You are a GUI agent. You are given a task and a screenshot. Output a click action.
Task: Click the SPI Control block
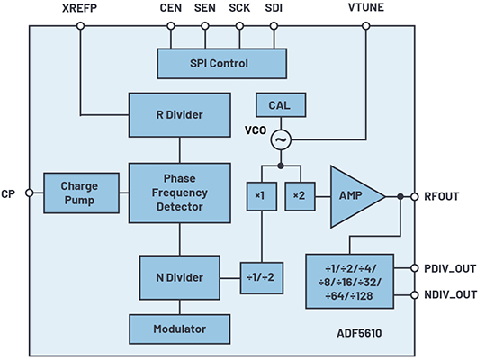tap(221, 63)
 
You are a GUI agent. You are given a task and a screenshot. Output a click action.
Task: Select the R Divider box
tap(180, 114)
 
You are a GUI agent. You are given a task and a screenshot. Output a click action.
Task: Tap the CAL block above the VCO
tap(281, 105)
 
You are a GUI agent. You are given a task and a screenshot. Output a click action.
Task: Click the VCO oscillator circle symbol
tap(281, 140)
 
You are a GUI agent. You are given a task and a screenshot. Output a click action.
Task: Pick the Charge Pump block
tap(81, 193)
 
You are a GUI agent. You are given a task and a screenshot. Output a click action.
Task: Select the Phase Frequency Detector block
tap(180, 193)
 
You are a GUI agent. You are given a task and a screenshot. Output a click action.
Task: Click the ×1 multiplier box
tap(262, 196)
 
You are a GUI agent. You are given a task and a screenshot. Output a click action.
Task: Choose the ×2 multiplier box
tap(300, 196)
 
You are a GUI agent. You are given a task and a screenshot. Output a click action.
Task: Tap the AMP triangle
tap(353, 197)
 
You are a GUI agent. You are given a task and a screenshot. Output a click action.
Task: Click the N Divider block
tap(180, 277)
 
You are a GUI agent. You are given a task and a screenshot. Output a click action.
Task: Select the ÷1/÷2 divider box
tap(262, 278)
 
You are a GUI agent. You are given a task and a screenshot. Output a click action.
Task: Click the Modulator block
tap(180, 329)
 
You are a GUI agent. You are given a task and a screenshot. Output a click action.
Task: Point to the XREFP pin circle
tap(80, 26)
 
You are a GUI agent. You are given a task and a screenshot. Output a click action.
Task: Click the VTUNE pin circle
tap(366, 26)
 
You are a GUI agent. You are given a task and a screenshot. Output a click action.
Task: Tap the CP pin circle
tap(30, 193)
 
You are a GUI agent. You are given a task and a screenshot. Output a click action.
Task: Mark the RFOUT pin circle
tap(415, 196)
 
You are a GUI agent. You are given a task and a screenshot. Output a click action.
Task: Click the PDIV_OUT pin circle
tap(415, 268)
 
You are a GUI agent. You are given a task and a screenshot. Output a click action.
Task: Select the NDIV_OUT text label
tap(450, 294)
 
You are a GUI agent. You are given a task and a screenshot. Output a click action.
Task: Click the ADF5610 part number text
tap(359, 333)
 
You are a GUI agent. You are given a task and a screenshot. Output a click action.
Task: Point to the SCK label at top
tap(239, 8)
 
